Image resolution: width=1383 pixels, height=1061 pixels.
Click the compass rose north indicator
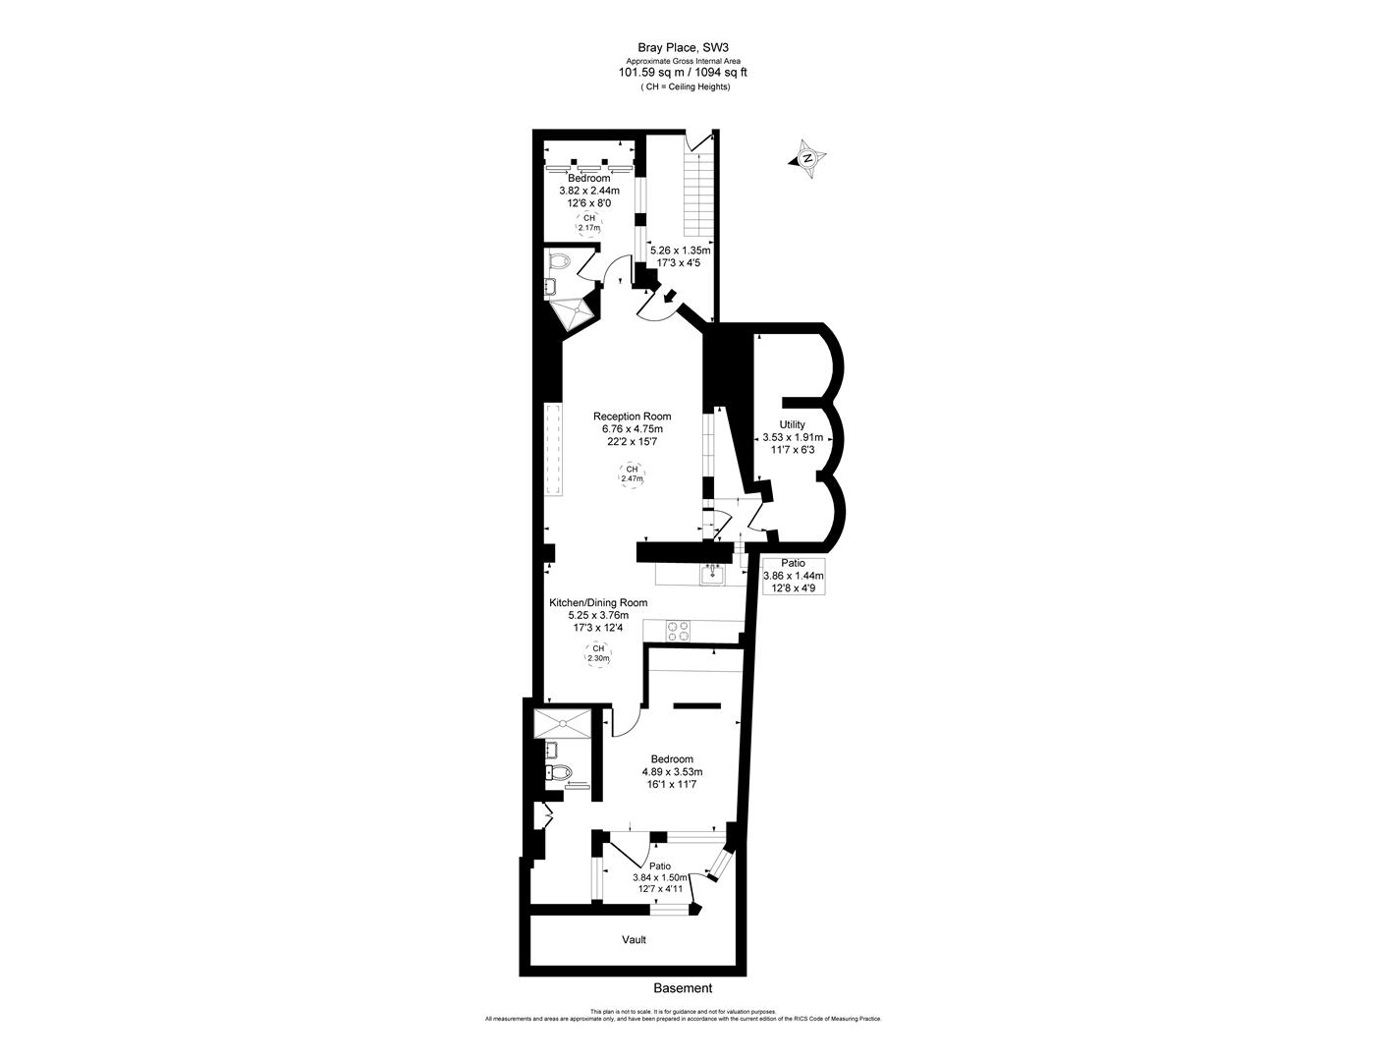807,158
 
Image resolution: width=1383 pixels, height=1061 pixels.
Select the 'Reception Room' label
632,417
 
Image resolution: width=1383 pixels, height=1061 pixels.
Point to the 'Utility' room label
793,424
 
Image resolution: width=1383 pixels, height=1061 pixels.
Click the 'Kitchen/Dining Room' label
597,603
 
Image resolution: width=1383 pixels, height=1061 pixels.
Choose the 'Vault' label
634,940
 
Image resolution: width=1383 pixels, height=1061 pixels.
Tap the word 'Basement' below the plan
683,988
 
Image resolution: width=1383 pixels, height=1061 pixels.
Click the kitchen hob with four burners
678,629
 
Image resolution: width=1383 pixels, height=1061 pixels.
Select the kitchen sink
712,573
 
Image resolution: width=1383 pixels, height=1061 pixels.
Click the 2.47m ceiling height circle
632,475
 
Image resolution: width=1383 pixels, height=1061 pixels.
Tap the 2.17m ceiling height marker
589,223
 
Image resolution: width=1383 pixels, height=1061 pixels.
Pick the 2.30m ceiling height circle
596,654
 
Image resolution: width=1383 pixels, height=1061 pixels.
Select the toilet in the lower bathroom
560,772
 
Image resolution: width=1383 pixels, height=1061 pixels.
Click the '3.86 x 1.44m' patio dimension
794,576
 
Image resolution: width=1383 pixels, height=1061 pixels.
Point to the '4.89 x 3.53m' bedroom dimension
672,772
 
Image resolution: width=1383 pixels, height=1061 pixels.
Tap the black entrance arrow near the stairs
670,296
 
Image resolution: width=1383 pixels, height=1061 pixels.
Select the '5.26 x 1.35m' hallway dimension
680,251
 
